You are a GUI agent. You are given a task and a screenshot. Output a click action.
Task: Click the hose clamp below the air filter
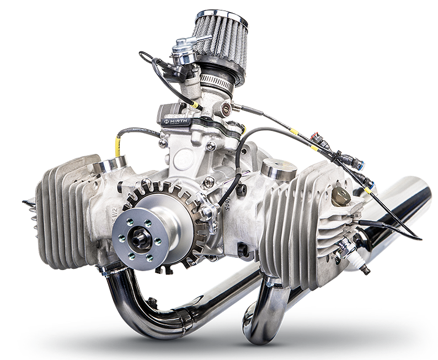coord(217,81)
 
